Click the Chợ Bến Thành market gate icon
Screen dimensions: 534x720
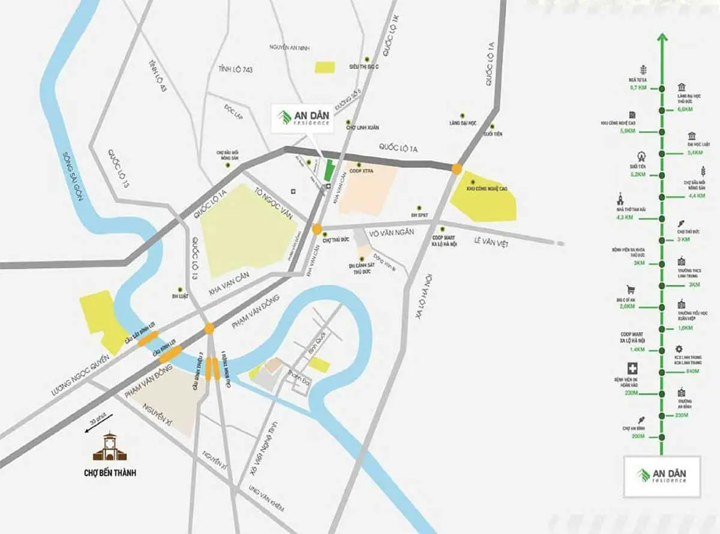click(109, 446)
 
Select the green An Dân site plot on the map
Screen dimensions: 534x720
click(328, 170)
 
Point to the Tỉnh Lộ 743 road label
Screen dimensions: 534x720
click(236, 70)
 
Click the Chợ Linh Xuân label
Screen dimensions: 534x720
click(362, 128)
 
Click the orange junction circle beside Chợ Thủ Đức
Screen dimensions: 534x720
click(317, 229)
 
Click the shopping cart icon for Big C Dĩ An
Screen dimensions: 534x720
click(631, 289)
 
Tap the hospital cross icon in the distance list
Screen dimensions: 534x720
click(631, 369)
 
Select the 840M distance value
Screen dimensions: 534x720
click(692, 372)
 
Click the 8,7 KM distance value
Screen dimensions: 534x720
click(638, 88)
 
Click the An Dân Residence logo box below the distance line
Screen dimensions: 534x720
click(662, 476)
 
